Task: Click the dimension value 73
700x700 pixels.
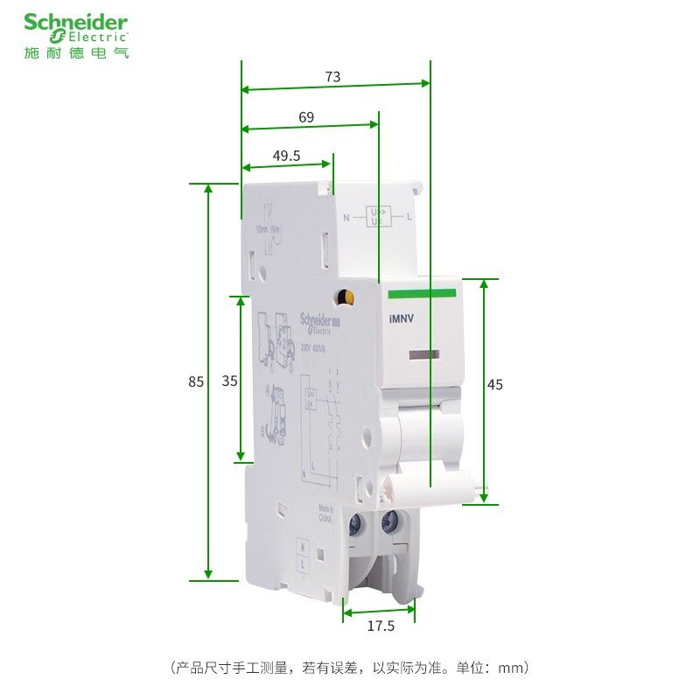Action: (332, 77)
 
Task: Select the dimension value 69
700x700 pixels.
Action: (306, 117)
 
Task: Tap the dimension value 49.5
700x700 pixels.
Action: (286, 156)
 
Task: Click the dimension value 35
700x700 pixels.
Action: (229, 381)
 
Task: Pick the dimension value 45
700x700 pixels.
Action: (496, 384)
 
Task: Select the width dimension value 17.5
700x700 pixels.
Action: (380, 626)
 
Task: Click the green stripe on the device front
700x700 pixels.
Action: (423, 294)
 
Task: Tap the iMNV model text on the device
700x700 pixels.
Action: (401, 319)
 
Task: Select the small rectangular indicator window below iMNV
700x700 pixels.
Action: (423, 353)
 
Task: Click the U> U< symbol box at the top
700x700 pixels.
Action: (379, 215)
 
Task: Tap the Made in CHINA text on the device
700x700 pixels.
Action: (325, 513)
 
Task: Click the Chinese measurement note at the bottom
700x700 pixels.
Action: (350, 668)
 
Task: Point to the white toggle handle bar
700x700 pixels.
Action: (437, 482)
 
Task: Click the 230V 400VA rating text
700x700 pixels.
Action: (313, 346)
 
